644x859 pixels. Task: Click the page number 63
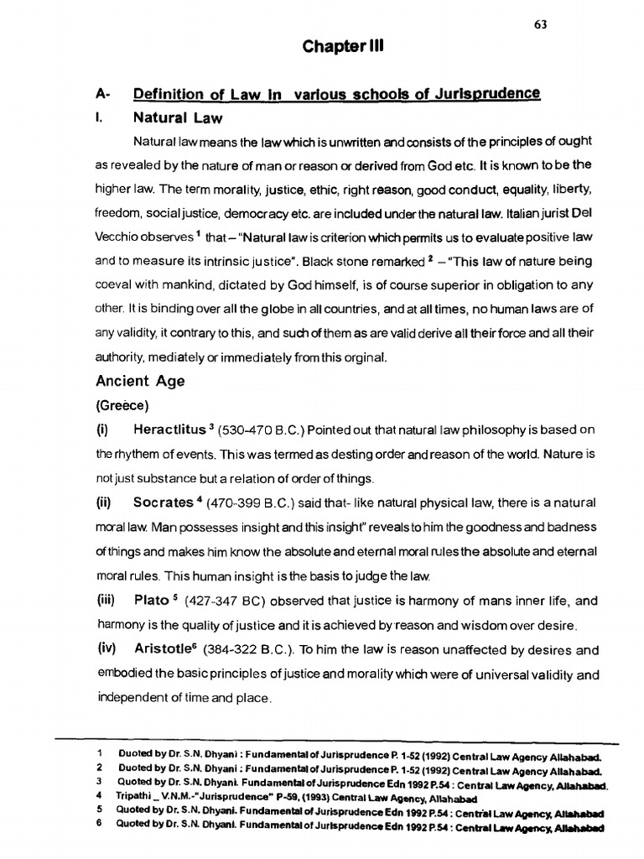540,24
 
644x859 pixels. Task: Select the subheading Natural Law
178,118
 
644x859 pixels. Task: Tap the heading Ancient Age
141,381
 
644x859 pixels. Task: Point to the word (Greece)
122,406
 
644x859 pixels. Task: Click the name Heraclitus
169,430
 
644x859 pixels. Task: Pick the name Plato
151,601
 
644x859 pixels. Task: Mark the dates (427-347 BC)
228,601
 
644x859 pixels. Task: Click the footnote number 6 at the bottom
99,824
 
